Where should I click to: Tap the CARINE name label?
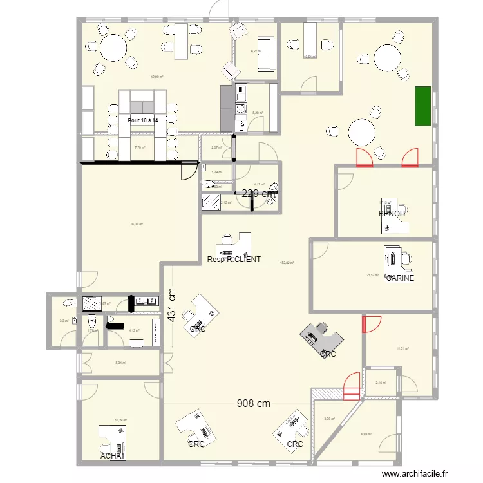click(x=399, y=278)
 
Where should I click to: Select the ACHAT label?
click(x=113, y=456)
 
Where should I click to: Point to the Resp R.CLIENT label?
click(x=234, y=260)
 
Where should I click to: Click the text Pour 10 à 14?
click(x=143, y=120)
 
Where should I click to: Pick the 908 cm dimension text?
click(x=253, y=404)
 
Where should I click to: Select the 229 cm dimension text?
click(x=260, y=193)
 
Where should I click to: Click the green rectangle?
click(x=422, y=106)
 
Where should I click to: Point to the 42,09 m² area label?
click(x=156, y=77)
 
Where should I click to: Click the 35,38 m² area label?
click(x=136, y=224)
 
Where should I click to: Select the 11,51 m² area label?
click(x=403, y=348)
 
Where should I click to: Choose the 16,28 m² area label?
click(x=120, y=419)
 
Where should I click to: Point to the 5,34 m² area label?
click(x=120, y=363)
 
